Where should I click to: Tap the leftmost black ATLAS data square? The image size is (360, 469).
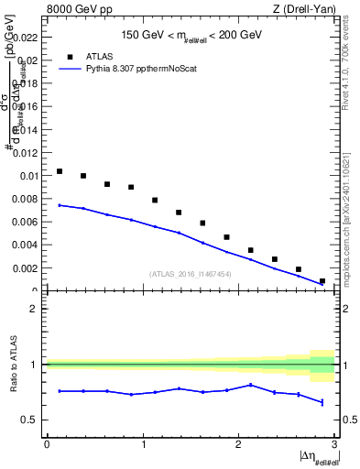click(60, 171)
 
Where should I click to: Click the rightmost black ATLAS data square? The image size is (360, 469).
click(322, 281)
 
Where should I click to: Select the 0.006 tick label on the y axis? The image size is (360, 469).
click(24, 222)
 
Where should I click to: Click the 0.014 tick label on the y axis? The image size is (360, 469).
click(24, 129)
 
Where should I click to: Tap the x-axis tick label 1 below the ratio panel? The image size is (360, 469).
click(142, 444)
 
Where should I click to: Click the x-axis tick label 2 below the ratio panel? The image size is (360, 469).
click(238, 444)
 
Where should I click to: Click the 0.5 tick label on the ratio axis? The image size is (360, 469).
click(30, 420)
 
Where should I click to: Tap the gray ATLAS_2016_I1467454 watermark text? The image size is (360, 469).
click(190, 273)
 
